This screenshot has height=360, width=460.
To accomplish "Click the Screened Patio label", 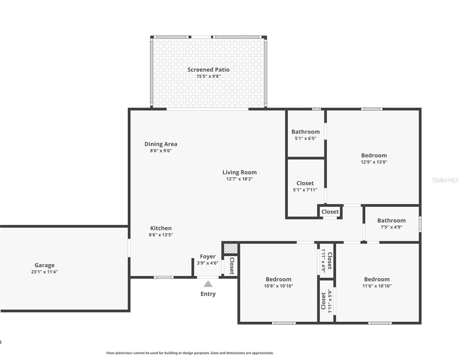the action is click(x=208, y=70).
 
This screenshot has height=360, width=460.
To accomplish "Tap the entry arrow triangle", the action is click(x=208, y=284).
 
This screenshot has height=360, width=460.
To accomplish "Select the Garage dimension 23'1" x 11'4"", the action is click(x=44, y=272).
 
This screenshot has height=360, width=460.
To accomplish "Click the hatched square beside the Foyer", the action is click(x=231, y=248).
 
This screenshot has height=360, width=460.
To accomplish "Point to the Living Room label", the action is click(x=239, y=172).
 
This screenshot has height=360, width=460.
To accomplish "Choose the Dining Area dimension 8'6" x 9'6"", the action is click(x=161, y=151).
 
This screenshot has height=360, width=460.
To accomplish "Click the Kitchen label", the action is click(x=161, y=228).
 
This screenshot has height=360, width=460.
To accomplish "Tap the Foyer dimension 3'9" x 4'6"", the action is click(x=208, y=263).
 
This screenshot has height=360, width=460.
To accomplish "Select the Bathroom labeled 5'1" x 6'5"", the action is click(x=306, y=135).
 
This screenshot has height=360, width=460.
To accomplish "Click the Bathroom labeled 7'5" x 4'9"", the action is click(x=391, y=223).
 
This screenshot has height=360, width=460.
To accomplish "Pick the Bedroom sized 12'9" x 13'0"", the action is click(x=374, y=158).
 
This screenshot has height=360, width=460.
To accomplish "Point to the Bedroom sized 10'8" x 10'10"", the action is click(x=278, y=282).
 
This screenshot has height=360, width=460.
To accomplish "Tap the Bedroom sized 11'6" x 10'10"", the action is click(x=377, y=282).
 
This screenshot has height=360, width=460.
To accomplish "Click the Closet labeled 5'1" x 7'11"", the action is click(x=305, y=186).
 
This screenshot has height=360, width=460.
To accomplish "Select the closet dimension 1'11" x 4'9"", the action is click(x=323, y=261).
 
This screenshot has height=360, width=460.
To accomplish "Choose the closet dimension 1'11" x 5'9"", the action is click(x=330, y=301).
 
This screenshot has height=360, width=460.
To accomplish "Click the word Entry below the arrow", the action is click(x=208, y=294).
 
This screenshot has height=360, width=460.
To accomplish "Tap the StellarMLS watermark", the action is click(x=445, y=180).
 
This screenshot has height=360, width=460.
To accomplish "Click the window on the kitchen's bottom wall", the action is click(x=163, y=277).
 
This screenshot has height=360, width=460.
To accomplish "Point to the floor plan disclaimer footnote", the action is click(x=190, y=353).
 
